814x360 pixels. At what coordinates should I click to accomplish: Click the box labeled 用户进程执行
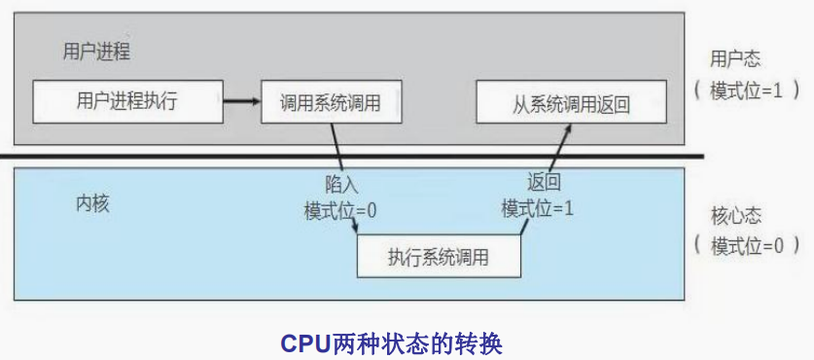point(126,101)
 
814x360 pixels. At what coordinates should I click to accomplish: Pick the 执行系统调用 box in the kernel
point(439,258)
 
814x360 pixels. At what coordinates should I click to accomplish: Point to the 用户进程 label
point(96,51)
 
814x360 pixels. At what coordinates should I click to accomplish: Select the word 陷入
point(342,183)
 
